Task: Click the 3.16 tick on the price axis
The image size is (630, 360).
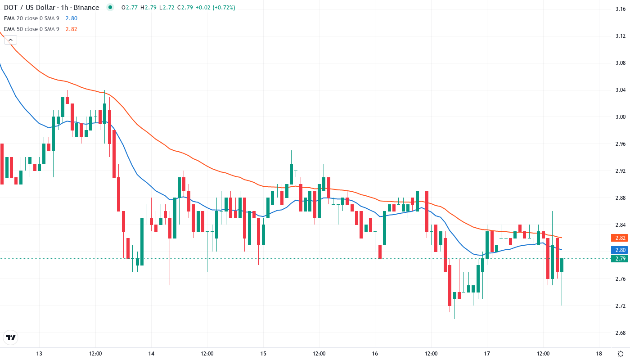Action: (620, 9)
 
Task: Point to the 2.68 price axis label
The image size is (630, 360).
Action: (620, 333)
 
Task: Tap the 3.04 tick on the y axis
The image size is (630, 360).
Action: (620, 90)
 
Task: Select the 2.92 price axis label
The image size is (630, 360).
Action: (620, 171)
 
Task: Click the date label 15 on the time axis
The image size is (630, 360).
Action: (263, 354)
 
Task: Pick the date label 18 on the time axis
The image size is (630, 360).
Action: (599, 354)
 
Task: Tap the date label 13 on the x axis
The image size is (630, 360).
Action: (39, 354)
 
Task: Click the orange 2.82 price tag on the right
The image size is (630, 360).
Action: (620, 238)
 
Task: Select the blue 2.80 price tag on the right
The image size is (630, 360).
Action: (620, 250)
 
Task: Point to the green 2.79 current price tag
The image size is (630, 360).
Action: (620, 258)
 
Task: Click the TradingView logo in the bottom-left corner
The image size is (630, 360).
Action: (10, 337)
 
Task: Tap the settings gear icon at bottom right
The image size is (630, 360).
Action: (621, 354)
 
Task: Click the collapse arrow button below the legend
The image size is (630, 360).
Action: (10, 40)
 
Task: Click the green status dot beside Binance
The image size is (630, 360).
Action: (110, 8)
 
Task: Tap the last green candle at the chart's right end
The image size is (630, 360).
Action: (562, 265)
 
